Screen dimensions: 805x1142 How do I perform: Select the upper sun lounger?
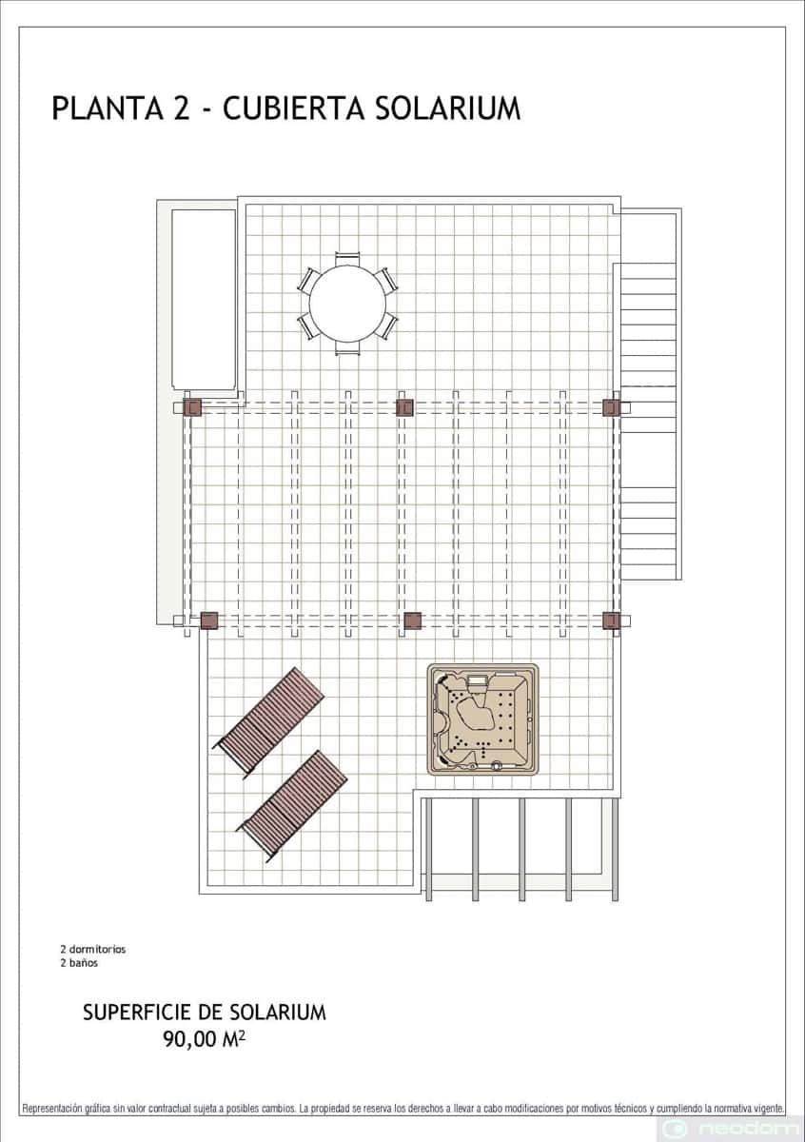pos(268,723)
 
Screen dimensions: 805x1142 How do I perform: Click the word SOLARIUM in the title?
pos(447,108)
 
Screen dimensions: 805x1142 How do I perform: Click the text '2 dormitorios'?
pos(93,949)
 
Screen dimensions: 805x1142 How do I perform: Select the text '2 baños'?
pos(79,963)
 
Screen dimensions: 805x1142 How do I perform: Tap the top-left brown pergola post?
pos(193,407)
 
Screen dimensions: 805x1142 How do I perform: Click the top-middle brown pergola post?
pos(404,407)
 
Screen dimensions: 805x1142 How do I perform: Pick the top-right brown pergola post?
pos(611,407)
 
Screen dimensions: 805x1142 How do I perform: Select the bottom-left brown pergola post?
pos(209,620)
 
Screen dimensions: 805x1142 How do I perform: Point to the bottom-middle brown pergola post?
pos(412,620)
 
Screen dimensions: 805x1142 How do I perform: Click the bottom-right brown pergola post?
pos(611,620)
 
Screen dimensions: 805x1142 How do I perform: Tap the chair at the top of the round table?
pos(347,259)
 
